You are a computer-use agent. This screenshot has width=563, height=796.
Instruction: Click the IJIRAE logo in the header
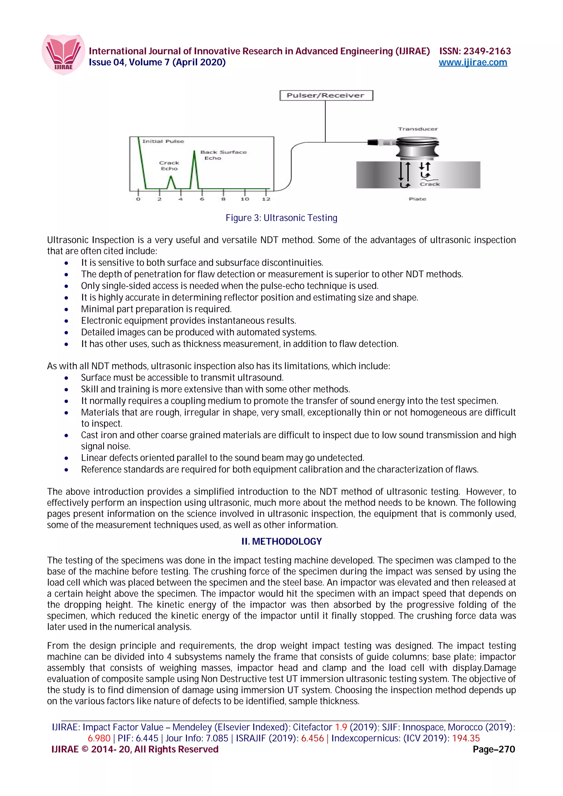click(63, 54)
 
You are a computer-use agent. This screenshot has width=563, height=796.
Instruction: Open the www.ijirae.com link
click(473, 62)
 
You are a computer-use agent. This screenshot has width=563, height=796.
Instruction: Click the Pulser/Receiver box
click(326, 95)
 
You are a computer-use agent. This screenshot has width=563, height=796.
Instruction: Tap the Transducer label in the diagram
click(418, 129)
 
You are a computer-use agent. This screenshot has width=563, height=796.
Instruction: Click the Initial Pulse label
click(163, 141)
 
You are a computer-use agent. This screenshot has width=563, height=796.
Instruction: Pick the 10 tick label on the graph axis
click(245, 199)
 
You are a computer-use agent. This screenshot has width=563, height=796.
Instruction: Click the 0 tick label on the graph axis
click(138, 199)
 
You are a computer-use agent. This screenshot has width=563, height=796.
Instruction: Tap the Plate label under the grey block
click(417, 199)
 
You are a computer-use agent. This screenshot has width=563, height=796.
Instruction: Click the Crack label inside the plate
click(429, 184)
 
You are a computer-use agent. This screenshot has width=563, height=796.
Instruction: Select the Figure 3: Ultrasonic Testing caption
click(281, 218)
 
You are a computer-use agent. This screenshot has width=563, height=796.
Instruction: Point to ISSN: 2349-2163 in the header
click(475, 51)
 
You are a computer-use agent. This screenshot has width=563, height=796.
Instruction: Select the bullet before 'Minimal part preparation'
click(66, 309)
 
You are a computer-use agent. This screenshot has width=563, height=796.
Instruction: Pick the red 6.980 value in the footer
click(99, 738)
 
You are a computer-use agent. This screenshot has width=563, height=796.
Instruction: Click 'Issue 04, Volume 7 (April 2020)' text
click(157, 62)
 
